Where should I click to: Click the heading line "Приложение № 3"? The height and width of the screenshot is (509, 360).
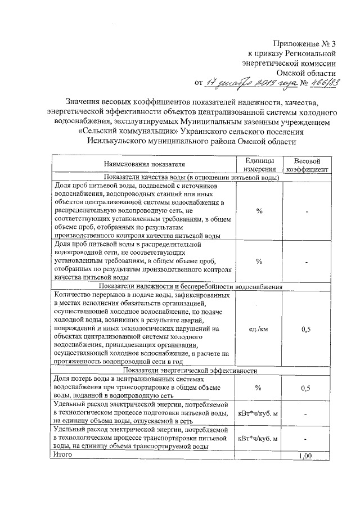(x=305, y=43)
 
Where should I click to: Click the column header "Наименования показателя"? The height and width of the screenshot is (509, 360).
(x=143, y=164)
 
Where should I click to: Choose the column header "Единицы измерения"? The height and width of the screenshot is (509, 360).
(x=259, y=164)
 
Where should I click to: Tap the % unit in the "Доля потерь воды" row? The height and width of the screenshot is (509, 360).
(x=259, y=388)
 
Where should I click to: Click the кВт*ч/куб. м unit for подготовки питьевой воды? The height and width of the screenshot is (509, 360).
(x=259, y=413)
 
